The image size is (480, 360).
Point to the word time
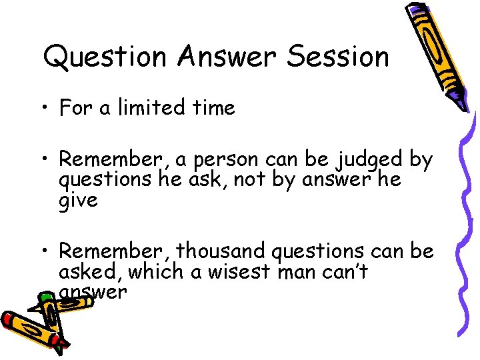click(x=211, y=107)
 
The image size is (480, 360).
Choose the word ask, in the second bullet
click(x=230, y=181)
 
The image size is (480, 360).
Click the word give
click(x=78, y=200)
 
